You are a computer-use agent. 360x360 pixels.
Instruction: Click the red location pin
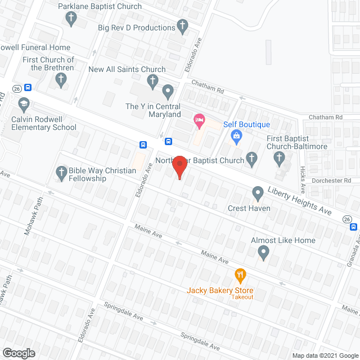179,166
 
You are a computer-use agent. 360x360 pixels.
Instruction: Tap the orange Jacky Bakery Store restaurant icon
241,275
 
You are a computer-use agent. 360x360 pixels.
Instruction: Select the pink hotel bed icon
199,120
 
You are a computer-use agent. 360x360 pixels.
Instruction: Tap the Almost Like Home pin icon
263,253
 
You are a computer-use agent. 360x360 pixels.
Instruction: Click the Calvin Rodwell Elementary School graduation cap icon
24,104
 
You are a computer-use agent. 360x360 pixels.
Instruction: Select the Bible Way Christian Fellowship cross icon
61,172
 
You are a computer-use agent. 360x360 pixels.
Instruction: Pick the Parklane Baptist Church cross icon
71,19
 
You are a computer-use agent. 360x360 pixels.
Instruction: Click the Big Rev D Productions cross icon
182,25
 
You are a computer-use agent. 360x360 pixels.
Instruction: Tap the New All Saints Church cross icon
152,82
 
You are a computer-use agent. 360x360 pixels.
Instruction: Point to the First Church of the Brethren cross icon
60,80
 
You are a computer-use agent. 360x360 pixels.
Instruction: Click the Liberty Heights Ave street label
300,201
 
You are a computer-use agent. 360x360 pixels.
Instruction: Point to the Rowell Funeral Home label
35,47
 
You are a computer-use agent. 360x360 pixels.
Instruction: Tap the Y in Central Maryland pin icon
168,91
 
